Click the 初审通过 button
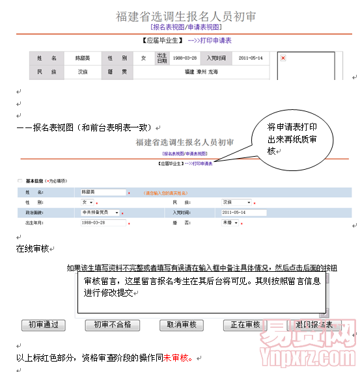[44, 325]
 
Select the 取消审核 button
[178, 325]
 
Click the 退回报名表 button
[313, 325]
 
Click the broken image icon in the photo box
[283, 58]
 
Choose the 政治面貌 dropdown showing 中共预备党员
[100, 212]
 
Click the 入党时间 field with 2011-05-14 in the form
[243, 212]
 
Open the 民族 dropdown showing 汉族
[236, 202]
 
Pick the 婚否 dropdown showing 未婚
[231, 222]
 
